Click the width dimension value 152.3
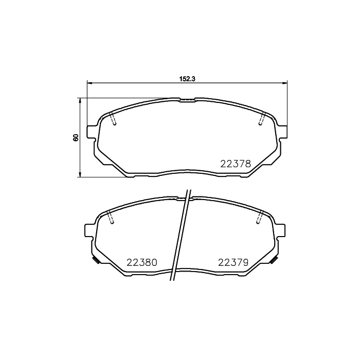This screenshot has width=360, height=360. point(187,79)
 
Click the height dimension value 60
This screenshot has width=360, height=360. point(76,137)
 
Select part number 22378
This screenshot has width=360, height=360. point(236,164)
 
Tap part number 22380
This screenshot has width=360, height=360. point(142,262)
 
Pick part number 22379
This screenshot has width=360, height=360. point(233,262)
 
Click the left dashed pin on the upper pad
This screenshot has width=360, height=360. point(113,119)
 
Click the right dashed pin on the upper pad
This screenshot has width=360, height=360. point(262,119)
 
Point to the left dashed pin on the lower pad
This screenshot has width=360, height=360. point(111,217)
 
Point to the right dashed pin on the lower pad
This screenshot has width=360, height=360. point(260,217)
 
